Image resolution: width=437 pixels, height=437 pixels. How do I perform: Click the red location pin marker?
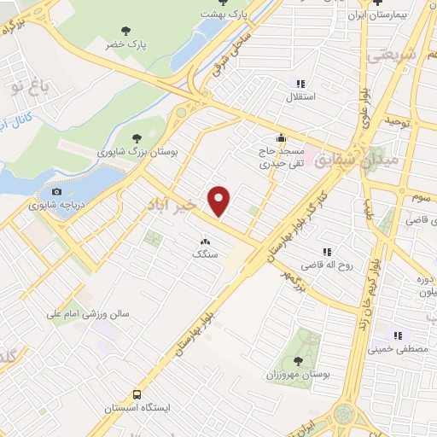click(x=220, y=200)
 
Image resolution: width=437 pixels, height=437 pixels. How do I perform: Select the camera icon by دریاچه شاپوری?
click(x=58, y=192)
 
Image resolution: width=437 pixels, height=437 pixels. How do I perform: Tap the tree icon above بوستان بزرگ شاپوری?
click(x=137, y=137)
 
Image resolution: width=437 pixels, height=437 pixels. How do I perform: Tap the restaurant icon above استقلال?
click(x=300, y=84)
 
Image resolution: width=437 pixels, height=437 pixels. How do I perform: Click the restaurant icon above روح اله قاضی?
click(x=327, y=251)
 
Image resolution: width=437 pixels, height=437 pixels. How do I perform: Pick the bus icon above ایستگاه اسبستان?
click(x=137, y=393)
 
